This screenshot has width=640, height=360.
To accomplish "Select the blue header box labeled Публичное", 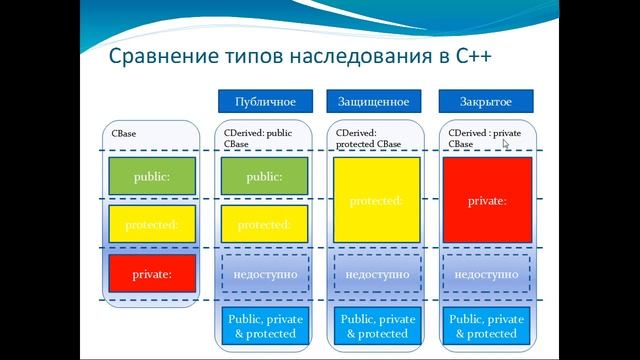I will coord(265,101).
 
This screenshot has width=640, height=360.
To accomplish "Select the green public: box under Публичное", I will coord(265,176).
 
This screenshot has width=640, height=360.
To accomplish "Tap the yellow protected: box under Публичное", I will coord(265,225).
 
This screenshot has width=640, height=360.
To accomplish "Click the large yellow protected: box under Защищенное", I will coord(376,200).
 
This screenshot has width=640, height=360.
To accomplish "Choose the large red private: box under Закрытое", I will coord(487,200).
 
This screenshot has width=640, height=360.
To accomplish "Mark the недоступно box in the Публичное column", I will coord(265,273).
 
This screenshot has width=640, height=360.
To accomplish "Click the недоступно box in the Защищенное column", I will coord(376,273).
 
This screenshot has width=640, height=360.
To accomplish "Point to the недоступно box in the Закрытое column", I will coord(487,273).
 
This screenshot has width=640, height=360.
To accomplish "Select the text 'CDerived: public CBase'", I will coord(258,137).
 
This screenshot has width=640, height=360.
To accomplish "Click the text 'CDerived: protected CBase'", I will coord(370,137).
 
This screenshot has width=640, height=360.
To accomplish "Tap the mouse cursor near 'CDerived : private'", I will coord(506,144).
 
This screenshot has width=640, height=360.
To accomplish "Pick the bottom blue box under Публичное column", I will coord(265,326).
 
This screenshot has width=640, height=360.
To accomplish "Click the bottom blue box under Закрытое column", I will coord(487,326).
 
